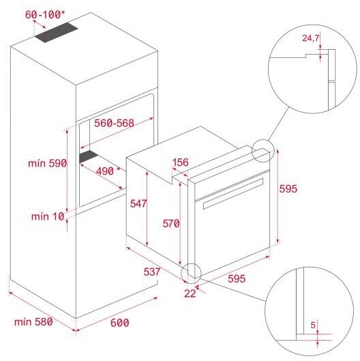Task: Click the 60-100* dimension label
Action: pyautogui.click(x=45, y=15)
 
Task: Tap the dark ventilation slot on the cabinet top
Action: pyautogui.click(x=56, y=33)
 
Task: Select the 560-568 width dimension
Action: pyautogui.click(x=114, y=123)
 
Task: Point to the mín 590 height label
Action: pyautogui.click(x=48, y=163)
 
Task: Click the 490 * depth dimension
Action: pyautogui.click(x=108, y=171)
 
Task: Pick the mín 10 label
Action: pyautogui.click(x=48, y=216)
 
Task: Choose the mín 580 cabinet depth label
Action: pyautogui.click(x=33, y=321)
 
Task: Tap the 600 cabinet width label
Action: pyautogui.click(x=119, y=323)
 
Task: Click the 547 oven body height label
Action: pyautogui.click(x=138, y=203)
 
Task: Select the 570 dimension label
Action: pyautogui.click(x=171, y=224)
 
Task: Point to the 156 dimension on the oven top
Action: pyautogui.click(x=181, y=162)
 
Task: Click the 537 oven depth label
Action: pyautogui.click(x=152, y=272)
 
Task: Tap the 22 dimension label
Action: pyautogui.click(x=190, y=293)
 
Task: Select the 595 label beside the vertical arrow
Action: pyautogui.click(x=288, y=189)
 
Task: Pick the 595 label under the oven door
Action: pyautogui.click(x=237, y=278)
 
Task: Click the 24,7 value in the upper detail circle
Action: pyautogui.click(x=310, y=38)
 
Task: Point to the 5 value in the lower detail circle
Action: pyautogui.click(x=313, y=325)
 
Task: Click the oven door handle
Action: pyautogui.click(x=233, y=194)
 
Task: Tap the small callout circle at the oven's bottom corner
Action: pyautogui.click(x=191, y=273)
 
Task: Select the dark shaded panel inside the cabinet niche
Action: pyautogui.click(x=89, y=156)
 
